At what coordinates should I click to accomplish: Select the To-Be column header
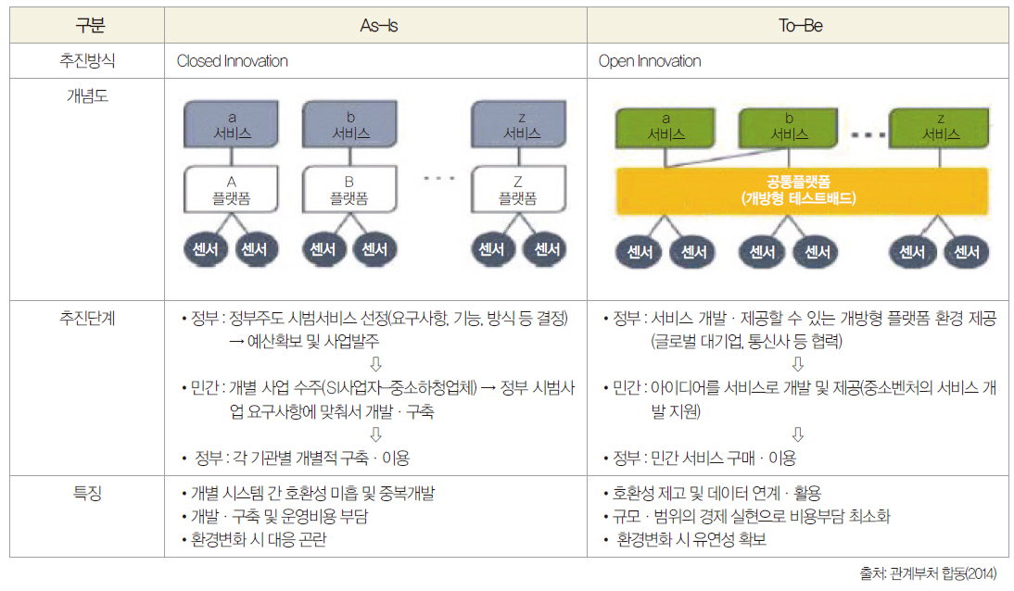coord(800,25)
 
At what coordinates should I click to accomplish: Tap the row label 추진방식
coord(88,61)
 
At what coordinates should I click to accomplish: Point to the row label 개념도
coord(88,94)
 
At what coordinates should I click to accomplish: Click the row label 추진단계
coord(88,318)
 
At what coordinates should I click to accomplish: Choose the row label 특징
coord(88,493)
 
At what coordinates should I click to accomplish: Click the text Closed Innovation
coord(233,61)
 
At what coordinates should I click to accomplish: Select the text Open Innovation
coord(650,61)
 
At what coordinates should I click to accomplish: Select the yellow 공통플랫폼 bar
coord(798,191)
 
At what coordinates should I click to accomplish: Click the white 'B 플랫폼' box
coord(349,189)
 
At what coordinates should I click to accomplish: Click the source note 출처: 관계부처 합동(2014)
coord(929,573)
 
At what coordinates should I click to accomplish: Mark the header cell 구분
coord(88,25)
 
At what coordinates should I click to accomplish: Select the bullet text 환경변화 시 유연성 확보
coord(691,539)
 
